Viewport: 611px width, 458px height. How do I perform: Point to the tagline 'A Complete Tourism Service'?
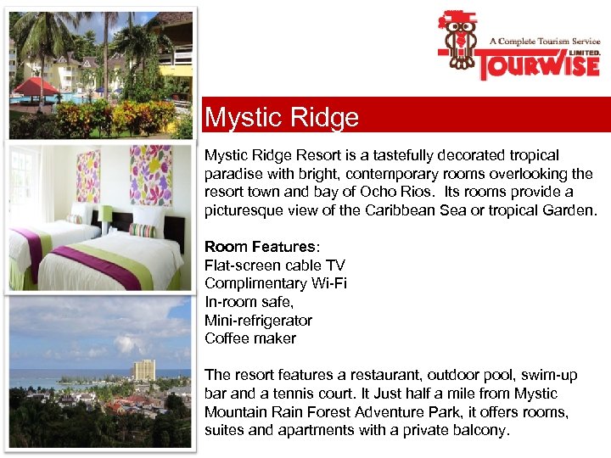click(x=543, y=41)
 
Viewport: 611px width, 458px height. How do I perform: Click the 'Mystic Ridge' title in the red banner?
click(x=282, y=118)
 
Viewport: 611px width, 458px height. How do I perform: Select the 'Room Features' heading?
click(x=260, y=247)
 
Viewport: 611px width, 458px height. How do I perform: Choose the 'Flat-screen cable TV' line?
click(x=274, y=265)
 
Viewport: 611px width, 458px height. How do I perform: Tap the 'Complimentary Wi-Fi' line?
click(x=275, y=283)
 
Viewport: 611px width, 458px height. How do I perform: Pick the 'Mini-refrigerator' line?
click(x=258, y=321)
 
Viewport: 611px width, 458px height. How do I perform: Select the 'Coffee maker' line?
click(x=250, y=338)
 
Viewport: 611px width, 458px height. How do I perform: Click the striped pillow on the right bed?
click(x=142, y=230)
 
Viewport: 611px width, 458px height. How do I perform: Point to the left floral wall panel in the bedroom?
click(x=87, y=176)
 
